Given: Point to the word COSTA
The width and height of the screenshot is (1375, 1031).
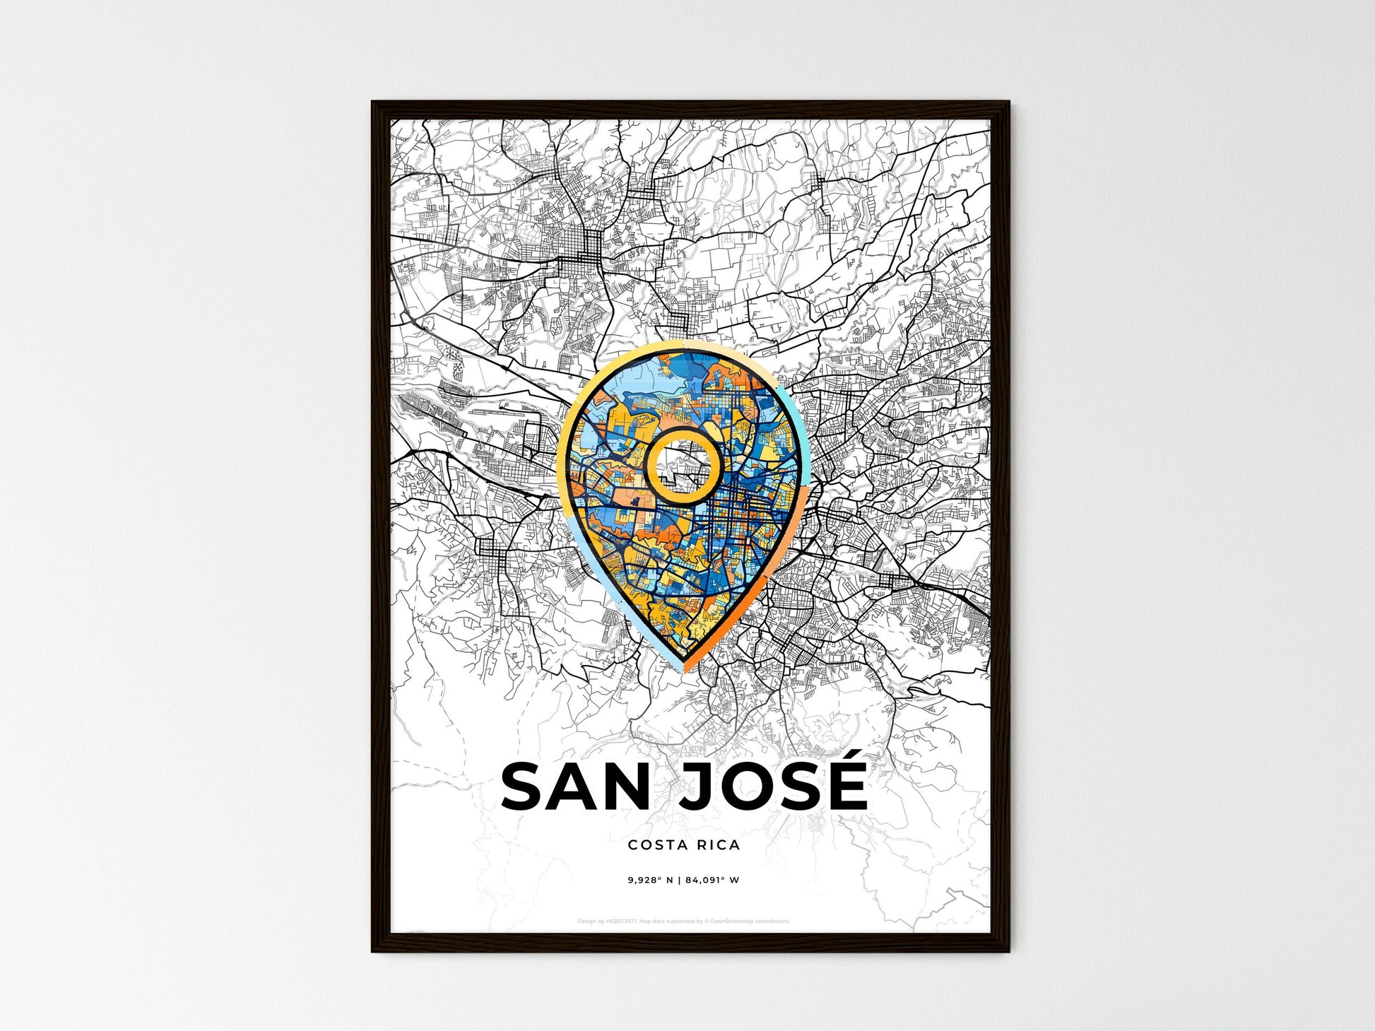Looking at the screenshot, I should tap(654, 844).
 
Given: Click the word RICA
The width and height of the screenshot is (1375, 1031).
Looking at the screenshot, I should tap(716, 844).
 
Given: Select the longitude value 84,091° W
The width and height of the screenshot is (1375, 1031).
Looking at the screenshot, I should tap(713, 880).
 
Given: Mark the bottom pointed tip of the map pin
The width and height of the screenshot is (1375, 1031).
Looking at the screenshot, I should tap(684, 666).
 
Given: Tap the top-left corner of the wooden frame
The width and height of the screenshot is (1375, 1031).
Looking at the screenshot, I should tap(375, 105).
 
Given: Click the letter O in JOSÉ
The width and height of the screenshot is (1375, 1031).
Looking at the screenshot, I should tap(739, 787).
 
